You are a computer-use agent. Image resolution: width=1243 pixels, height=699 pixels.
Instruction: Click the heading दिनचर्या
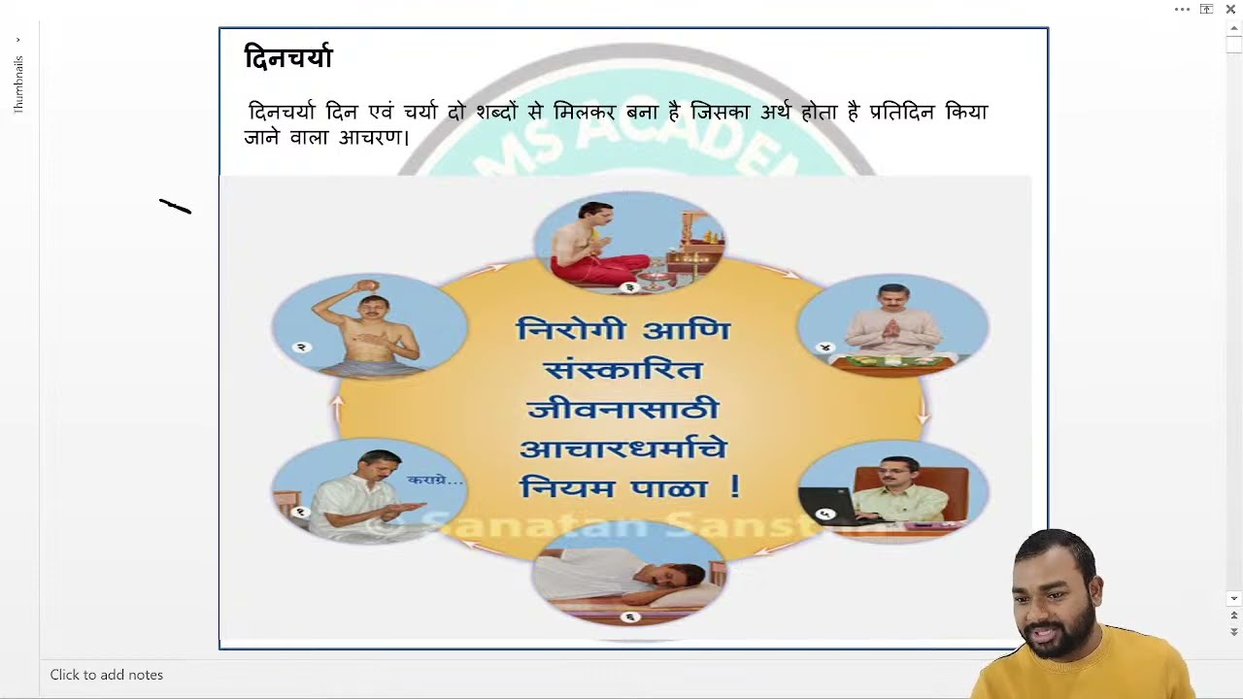[287, 59]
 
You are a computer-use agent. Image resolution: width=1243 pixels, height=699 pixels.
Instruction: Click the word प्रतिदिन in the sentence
[902, 113]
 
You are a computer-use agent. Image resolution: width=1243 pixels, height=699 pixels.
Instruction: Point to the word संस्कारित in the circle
[622, 370]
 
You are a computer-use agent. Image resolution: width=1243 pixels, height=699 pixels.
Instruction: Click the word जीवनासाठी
[622, 409]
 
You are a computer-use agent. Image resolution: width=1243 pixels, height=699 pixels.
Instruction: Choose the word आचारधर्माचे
[622, 449]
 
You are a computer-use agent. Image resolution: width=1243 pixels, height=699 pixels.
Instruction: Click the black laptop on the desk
[825, 504]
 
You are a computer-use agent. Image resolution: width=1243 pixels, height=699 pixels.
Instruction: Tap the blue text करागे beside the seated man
[434, 480]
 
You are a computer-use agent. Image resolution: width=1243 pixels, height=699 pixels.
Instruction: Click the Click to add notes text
[107, 675]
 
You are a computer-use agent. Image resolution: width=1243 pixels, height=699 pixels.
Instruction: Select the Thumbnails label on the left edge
[18, 84]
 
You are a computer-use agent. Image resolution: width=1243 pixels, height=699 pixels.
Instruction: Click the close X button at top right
[1230, 10]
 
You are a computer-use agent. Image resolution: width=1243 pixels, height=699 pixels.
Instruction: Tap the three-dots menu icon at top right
[1182, 10]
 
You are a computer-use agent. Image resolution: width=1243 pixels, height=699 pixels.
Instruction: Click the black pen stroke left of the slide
[176, 207]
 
